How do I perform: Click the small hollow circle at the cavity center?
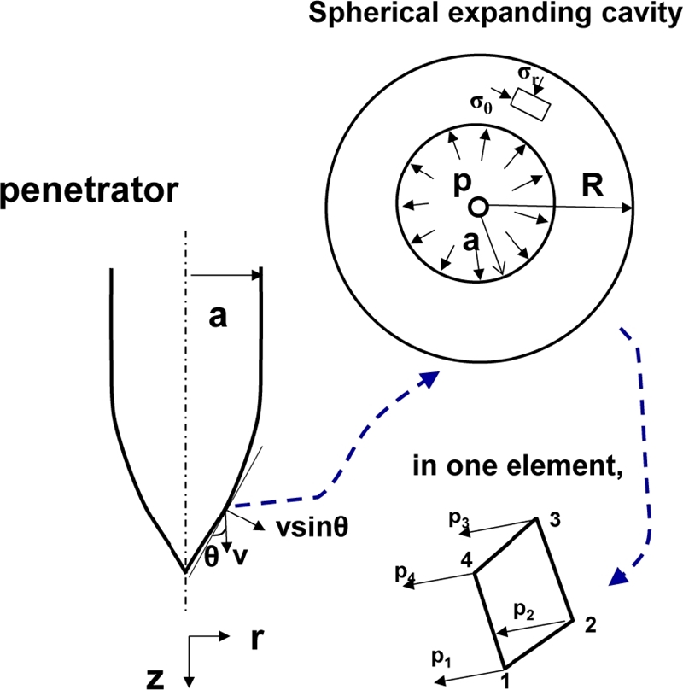[478, 207]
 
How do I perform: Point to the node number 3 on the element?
[555, 523]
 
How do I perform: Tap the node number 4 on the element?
[464, 560]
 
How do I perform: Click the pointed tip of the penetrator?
[184, 570]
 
